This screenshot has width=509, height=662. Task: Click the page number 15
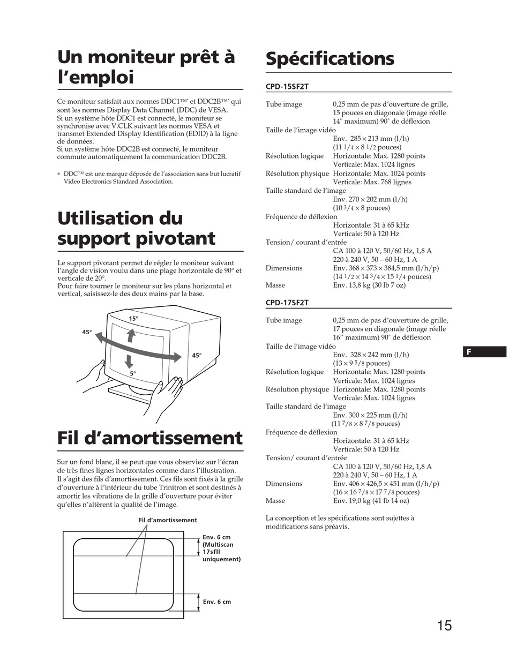444,625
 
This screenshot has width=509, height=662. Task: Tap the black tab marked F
484,352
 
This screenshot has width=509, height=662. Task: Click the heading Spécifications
330,58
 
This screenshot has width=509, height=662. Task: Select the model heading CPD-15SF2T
287,86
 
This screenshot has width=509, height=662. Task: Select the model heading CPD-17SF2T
287,303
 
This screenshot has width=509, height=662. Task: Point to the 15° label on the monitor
133,319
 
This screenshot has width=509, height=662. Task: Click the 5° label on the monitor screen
132,373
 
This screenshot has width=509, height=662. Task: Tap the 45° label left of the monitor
87,332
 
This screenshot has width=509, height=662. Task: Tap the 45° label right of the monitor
197,355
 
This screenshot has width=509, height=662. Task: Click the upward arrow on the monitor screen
131,335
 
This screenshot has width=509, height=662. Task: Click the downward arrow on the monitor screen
129,359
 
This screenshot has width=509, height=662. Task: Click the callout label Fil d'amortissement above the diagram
168,520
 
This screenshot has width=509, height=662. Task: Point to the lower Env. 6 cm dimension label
217,602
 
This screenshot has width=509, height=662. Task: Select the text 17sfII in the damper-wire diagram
212,552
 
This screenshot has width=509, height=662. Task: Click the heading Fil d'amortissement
150,438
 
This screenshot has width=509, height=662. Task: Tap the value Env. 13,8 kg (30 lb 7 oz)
369,285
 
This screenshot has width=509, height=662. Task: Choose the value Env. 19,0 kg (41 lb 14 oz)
371,501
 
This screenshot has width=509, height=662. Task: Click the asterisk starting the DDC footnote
59,174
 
